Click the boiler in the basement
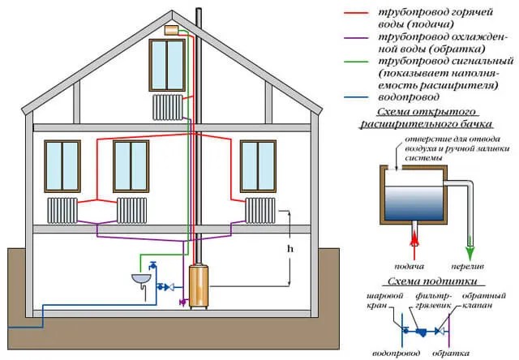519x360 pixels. tap(199, 285)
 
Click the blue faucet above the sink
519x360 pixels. tap(152, 265)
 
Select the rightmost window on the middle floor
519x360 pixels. tap(259, 165)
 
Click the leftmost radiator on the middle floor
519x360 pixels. tap(62, 211)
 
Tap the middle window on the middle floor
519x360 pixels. tap(131, 165)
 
